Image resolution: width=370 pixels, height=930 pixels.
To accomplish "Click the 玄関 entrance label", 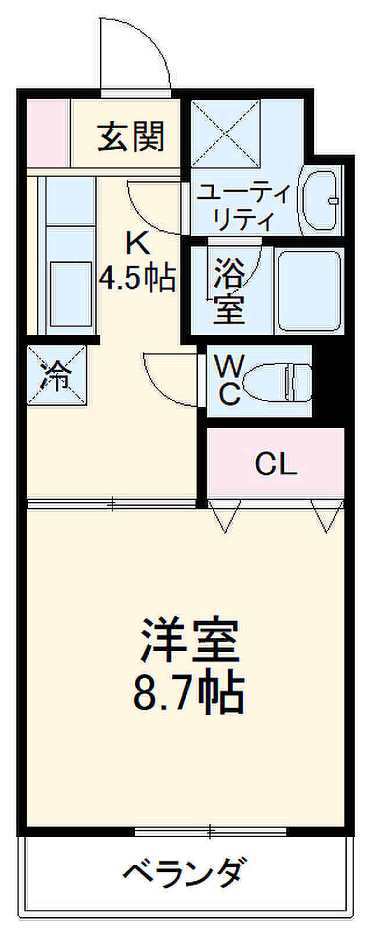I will click(131, 137).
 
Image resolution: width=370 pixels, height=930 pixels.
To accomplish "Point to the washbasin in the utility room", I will click(319, 201).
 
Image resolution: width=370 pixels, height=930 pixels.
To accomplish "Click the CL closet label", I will click(276, 464).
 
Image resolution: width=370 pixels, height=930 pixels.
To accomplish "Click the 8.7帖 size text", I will click(188, 694).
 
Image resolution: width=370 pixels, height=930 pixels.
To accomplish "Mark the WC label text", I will click(229, 381).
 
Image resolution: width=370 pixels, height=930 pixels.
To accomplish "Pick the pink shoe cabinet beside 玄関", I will click(48, 133).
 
